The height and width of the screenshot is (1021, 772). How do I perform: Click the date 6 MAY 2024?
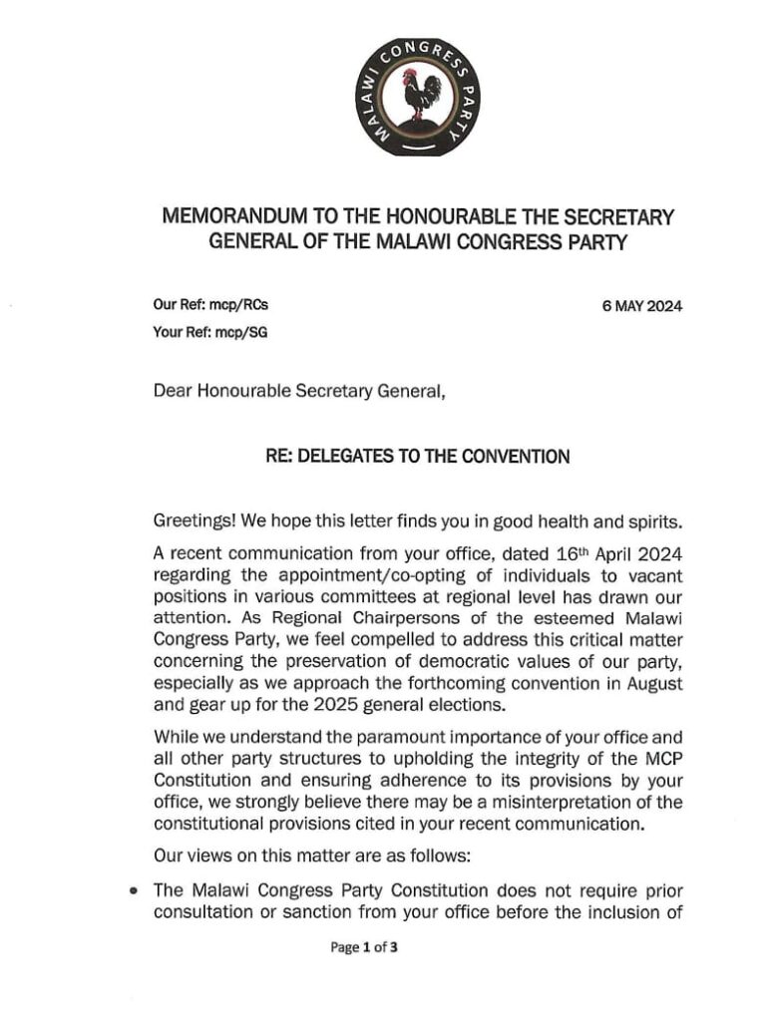click(x=642, y=307)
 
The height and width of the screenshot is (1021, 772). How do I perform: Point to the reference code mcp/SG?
click(x=246, y=334)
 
